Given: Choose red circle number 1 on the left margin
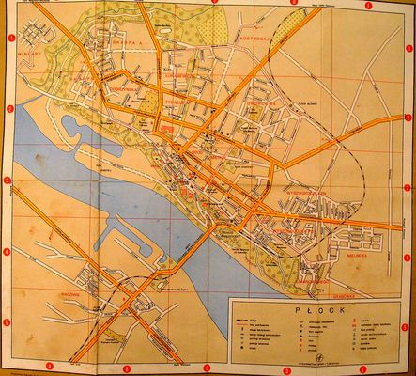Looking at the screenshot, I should point(9,39).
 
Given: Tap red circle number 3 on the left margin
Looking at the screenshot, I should point(8,180).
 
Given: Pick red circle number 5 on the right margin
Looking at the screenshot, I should point(405,327).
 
